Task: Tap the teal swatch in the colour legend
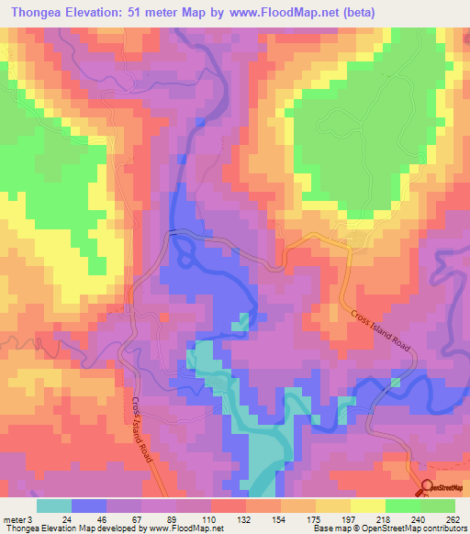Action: pos(54,506)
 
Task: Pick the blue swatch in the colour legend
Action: pos(89,506)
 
